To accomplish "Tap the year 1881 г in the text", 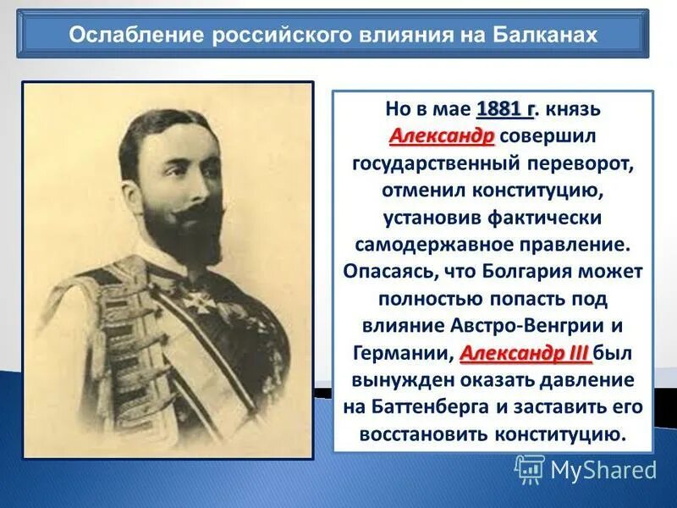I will pyautogui.click(x=506, y=109).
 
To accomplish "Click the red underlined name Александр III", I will pyautogui.click(x=526, y=351).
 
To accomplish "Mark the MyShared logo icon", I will pyautogui.click(x=530, y=469).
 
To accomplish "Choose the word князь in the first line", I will pyautogui.click(x=575, y=109).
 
